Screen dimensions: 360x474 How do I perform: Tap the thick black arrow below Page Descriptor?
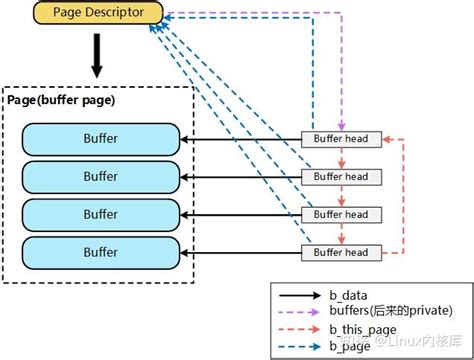pos(97,56)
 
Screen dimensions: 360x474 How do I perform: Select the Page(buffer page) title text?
pos(62,100)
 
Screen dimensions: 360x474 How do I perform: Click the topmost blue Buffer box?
pos(100,138)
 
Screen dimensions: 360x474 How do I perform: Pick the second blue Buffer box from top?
pos(100,176)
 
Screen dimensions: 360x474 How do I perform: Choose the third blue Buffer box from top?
pos(100,214)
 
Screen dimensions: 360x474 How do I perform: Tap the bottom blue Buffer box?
pos(100,251)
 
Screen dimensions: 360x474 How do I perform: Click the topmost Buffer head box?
pos(342,139)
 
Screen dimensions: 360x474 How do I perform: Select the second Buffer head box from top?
pos(342,177)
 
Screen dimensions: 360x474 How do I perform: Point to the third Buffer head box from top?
pos(342,214)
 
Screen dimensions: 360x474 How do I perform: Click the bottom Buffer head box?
pos(342,251)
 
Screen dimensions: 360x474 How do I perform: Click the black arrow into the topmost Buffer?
pos(240,139)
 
